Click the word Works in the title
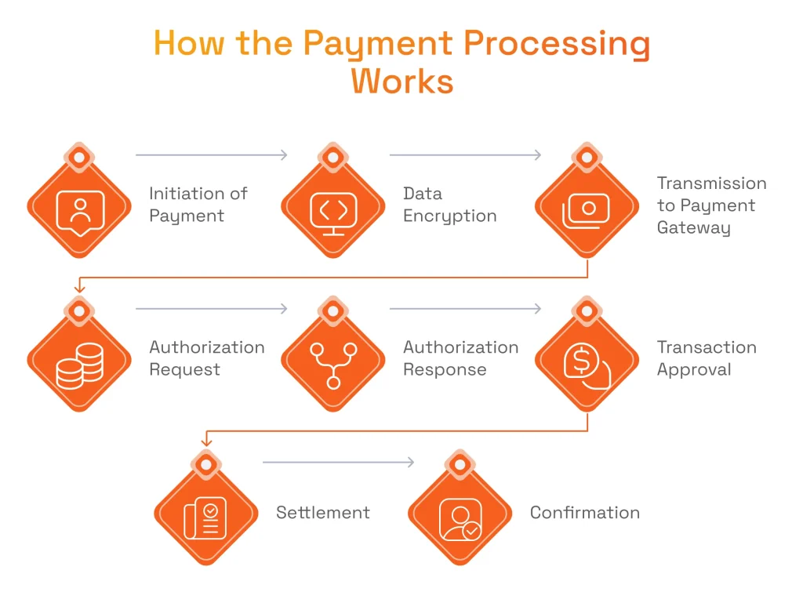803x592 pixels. point(402,81)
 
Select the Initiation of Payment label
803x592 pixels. point(198,205)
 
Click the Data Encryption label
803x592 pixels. point(449,205)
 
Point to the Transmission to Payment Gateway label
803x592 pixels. point(711,205)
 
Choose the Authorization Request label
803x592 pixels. point(207,358)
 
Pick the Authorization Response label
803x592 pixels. point(460,358)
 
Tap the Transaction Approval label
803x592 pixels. point(707,358)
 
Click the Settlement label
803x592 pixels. point(322,513)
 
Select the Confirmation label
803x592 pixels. point(584,513)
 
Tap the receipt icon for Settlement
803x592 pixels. point(205,518)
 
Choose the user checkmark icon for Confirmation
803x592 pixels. point(460,518)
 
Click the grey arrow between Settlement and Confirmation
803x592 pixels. point(338,463)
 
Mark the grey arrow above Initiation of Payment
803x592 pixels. point(212,155)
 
